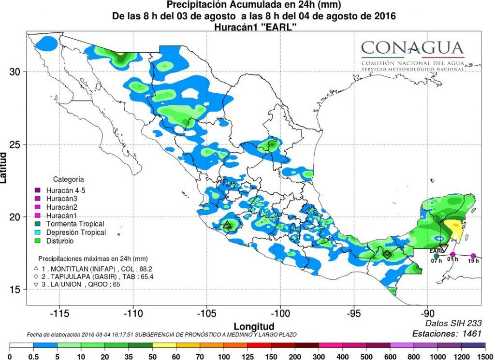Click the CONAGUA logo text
tap(412, 48)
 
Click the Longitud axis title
tap(254, 326)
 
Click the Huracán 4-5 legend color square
tap(37, 190)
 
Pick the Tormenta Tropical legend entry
tap(75, 224)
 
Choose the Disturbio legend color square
tap(37, 241)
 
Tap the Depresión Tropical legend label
tap(76, 232)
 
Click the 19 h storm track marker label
tap(473, 261)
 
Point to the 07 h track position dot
tap(437, 256)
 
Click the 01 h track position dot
tap(453, 254)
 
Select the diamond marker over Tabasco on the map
tap(387, 254)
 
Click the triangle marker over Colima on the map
tap(227, 225)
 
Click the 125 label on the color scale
tap(247, 356)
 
